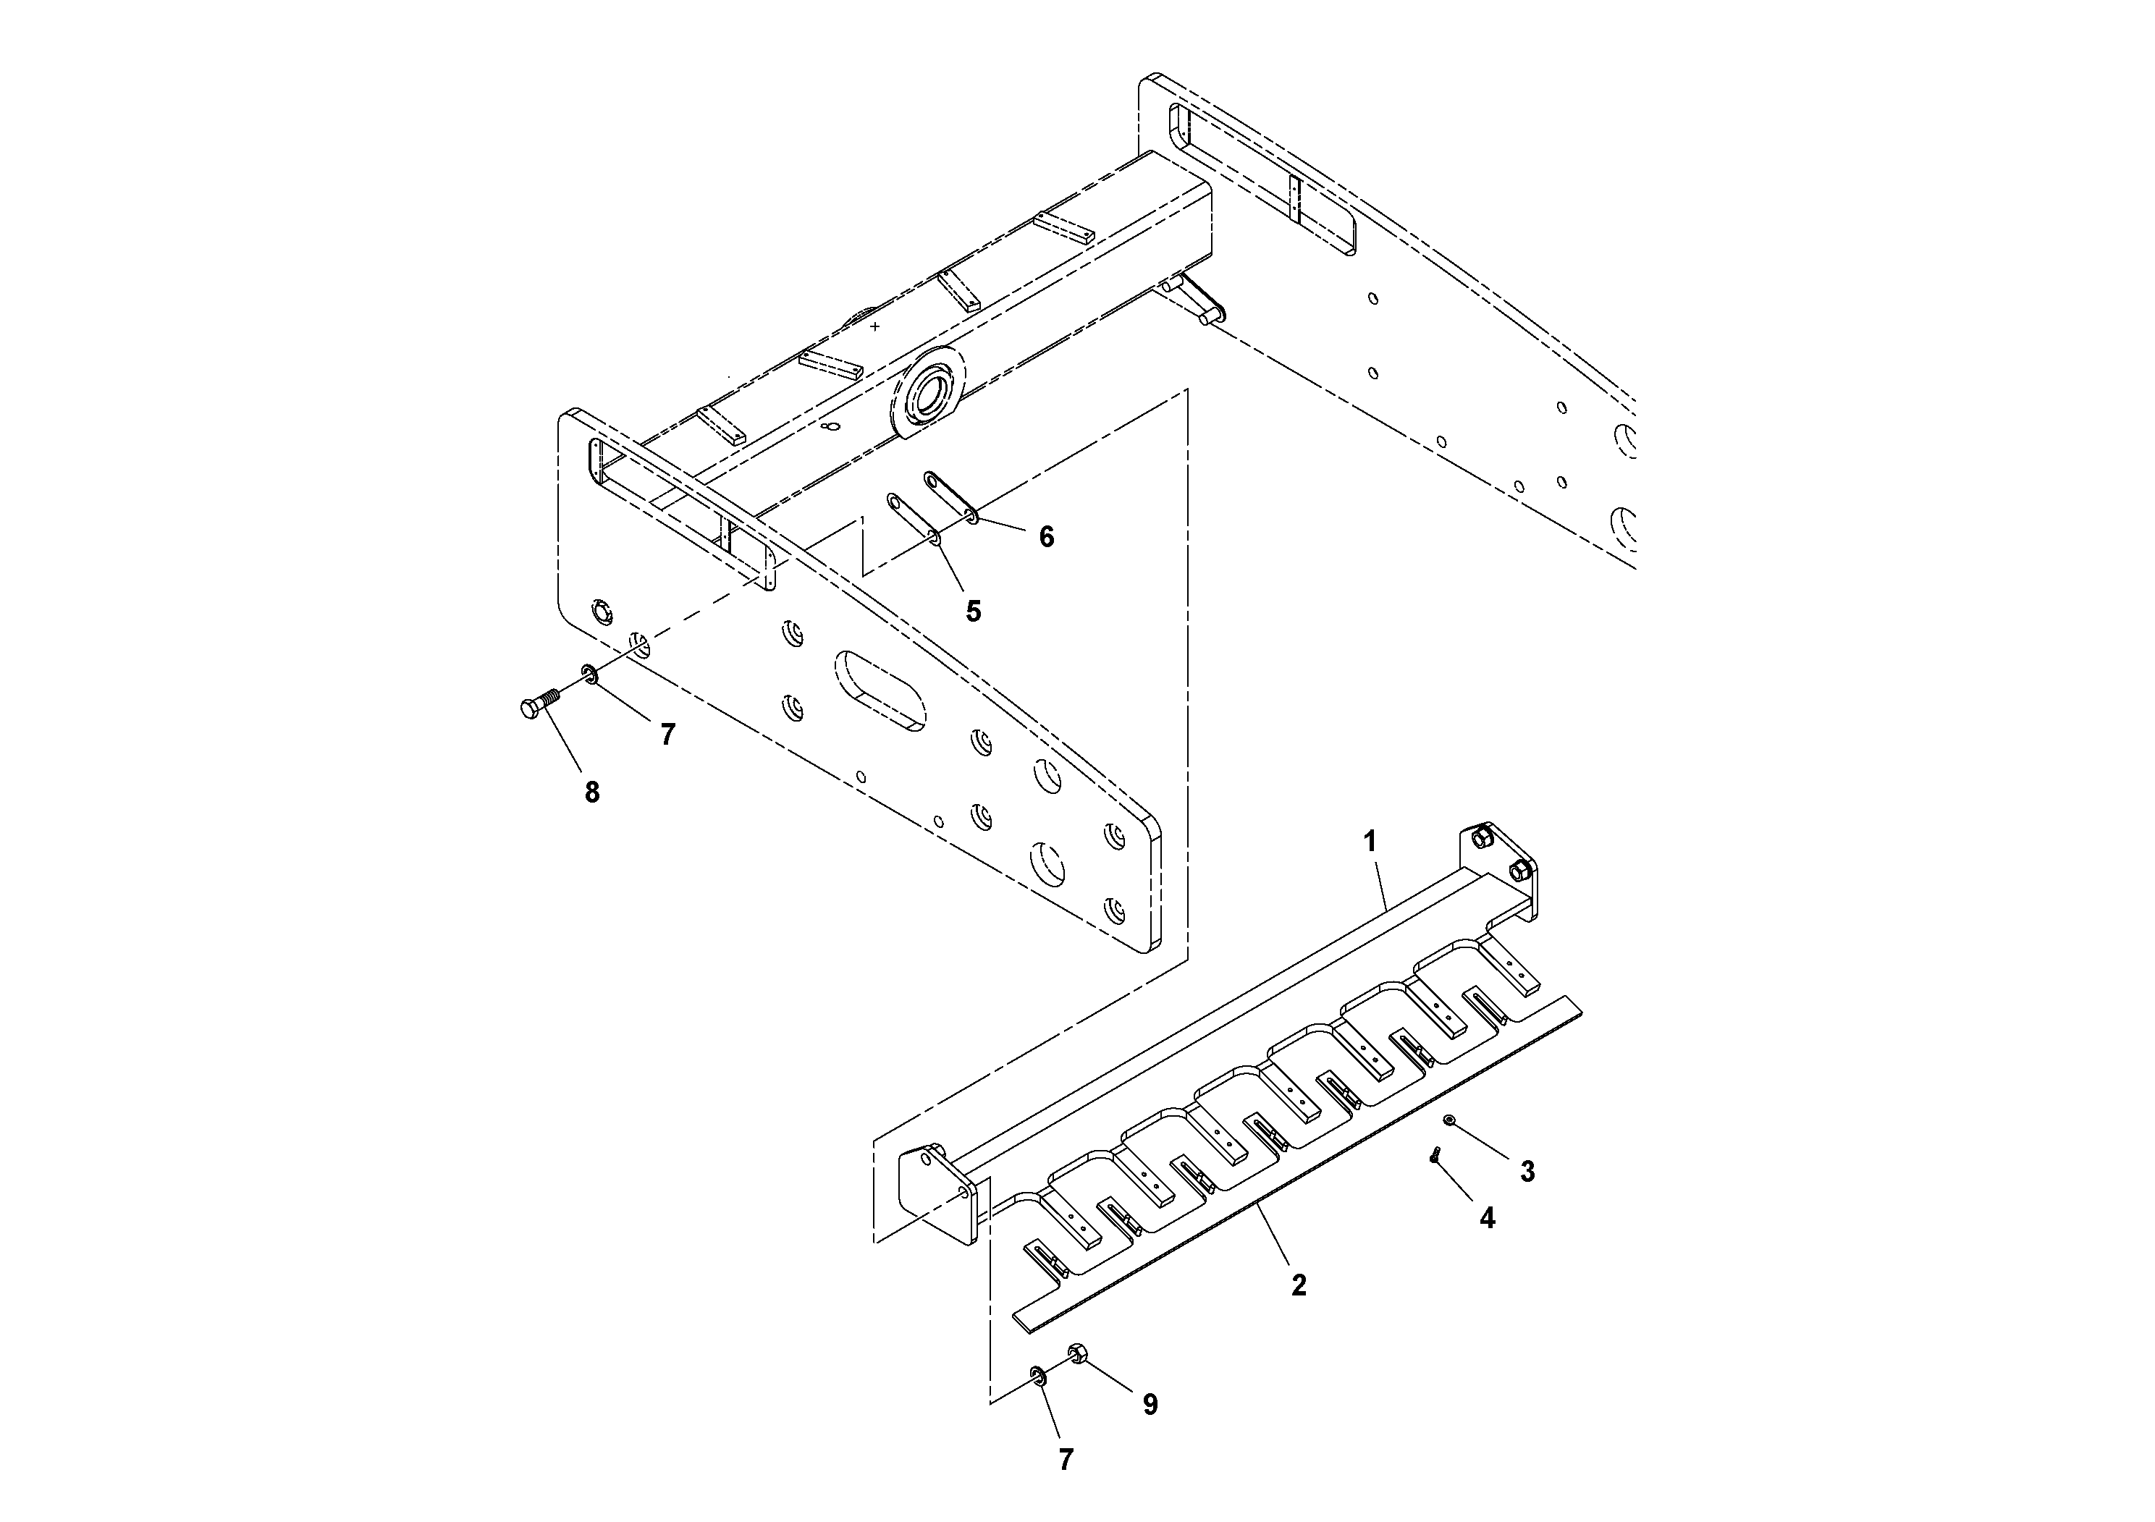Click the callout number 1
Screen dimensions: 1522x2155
click(1370, 842)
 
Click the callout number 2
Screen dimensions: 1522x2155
click(1298, 1285)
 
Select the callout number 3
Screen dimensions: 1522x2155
click(1527, 1171)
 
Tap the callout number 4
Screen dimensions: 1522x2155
click(1487, 1218)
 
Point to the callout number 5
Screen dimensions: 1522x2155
click(974, 611)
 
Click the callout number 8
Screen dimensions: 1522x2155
click(591, 793)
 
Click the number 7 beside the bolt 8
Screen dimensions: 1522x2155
click(667, 735)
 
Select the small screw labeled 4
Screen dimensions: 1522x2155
click(1435, 1157)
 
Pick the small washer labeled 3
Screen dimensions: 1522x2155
click(1449, 1120)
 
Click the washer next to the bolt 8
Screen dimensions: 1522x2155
click(589, 673)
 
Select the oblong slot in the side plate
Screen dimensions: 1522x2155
click(880, 690)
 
